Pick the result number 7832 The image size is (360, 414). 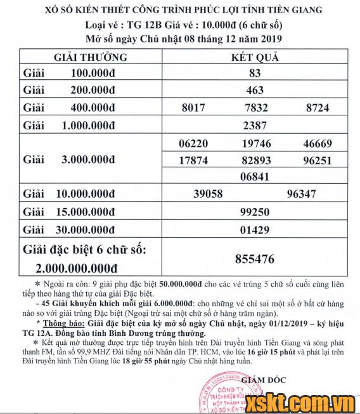tap(256, 108)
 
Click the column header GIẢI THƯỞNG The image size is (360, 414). tap(91, 57)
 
